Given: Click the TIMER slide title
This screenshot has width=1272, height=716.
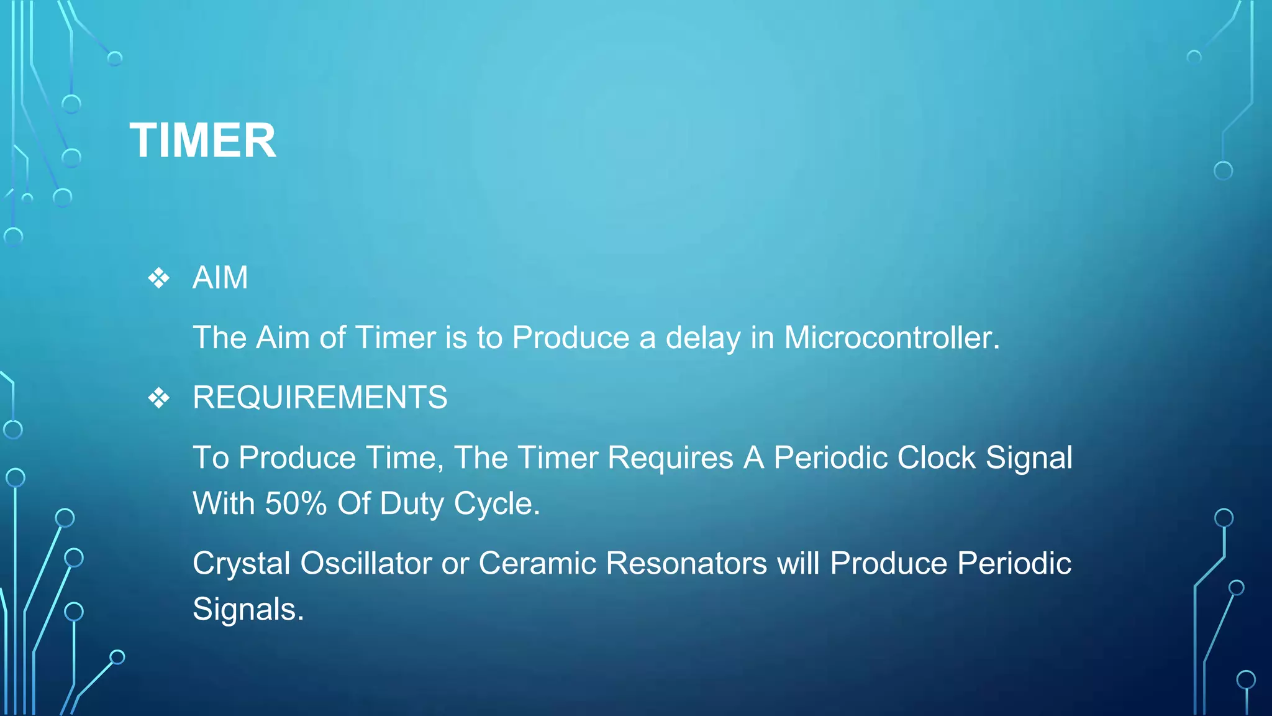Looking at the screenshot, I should pos(202,140).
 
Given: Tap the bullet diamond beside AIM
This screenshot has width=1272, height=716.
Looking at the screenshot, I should pos(159,278).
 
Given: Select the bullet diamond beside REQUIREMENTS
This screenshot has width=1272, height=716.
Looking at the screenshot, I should pos(159,398).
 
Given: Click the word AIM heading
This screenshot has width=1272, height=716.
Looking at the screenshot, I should pos(220,277).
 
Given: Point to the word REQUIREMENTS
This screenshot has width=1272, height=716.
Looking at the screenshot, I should pos(320,397).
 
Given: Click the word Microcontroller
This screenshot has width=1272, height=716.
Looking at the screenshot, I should pos(891,337).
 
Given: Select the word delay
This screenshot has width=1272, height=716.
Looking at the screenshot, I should pos(703,337).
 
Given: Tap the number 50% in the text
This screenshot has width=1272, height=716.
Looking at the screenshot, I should pos(296,503).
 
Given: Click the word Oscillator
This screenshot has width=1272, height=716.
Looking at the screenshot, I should pos(366,564).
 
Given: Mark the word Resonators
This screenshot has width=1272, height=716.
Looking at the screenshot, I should pos(686,564).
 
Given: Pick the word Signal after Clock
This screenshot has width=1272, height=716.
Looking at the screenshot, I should pos(1029,458).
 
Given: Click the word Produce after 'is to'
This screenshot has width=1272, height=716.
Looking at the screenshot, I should pos(571,337).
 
